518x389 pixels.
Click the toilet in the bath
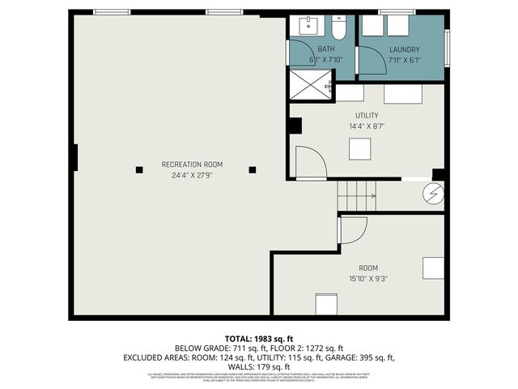(338, 28)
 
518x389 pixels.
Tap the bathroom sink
(310, 27)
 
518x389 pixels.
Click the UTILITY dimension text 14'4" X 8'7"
(367, 126)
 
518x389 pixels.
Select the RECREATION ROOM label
(192, 165)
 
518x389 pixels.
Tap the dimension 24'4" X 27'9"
(192, 175)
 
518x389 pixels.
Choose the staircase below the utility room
(357, 195)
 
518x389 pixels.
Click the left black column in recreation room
(139, 169)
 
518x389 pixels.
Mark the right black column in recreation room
(253, 169)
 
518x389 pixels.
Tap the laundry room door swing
(371, 61)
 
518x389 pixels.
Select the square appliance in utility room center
(360, 149)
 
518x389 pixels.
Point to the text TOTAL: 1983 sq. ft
(258, 339)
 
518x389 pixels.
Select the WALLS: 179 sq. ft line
(258, 366)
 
